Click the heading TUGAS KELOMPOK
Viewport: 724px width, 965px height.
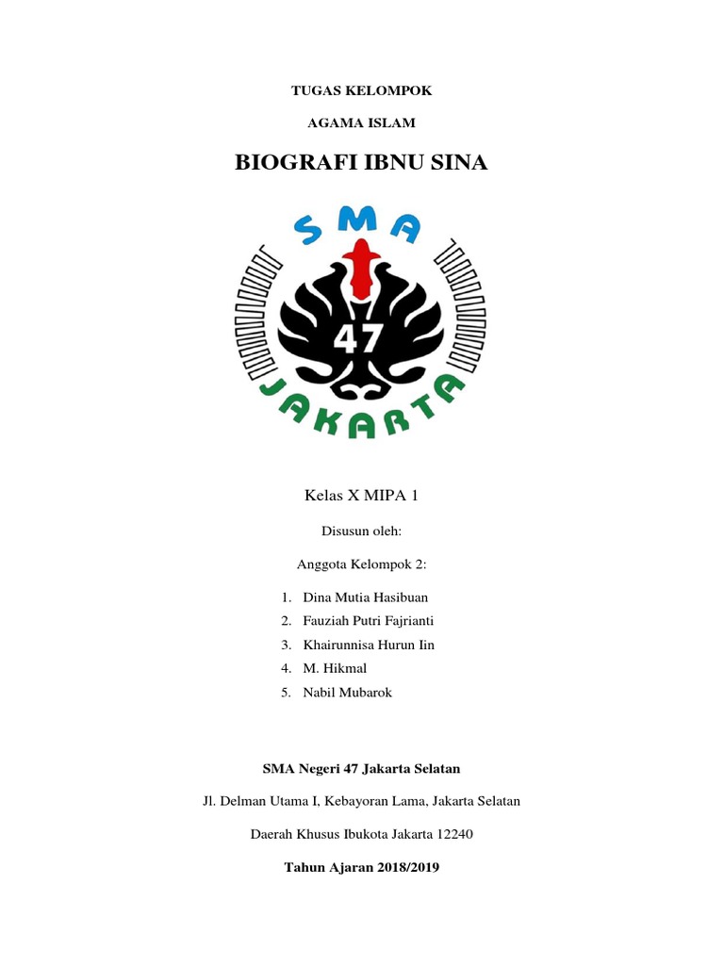[361, 90]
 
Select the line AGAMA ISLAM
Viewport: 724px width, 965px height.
[361, 123]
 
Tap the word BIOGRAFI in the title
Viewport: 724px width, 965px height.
[294, 163]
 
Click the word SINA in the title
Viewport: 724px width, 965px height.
[457, 163]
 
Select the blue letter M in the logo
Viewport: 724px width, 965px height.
[361, 220]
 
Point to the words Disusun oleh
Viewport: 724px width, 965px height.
[361, 532]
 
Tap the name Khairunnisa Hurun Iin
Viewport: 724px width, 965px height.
[369, 645]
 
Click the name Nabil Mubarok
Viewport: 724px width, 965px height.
[347, 692]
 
